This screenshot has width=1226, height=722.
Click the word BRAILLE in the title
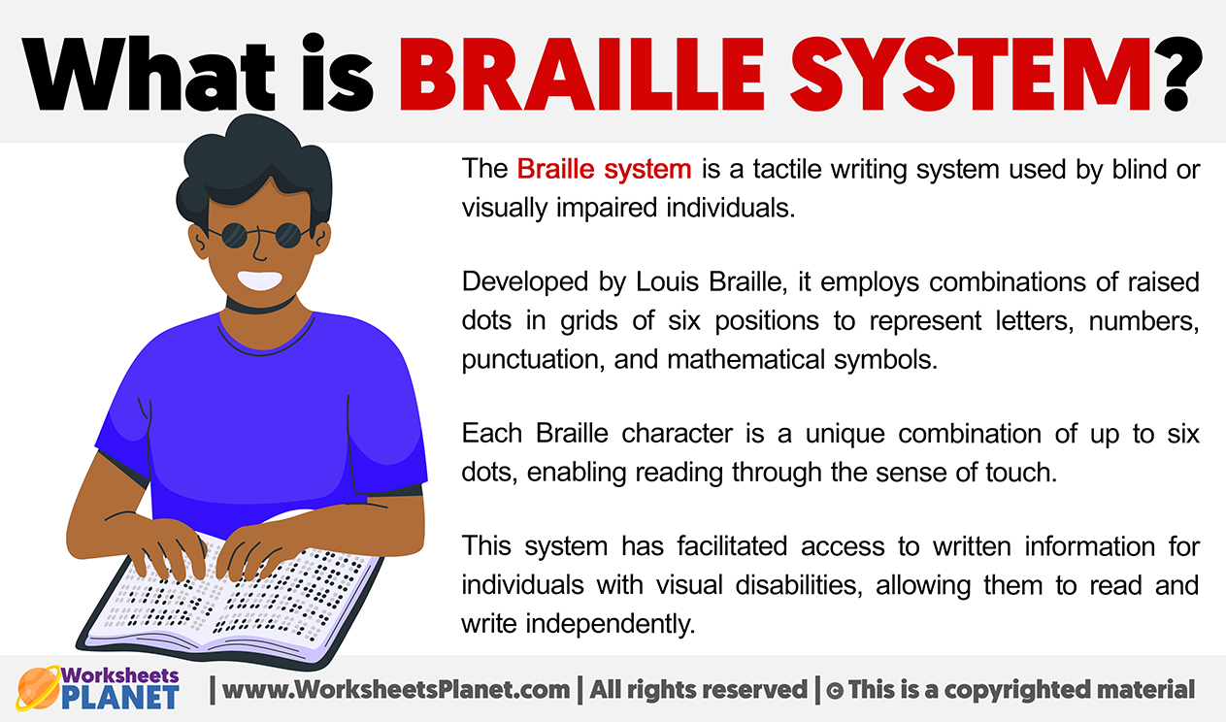[x=581, y=75]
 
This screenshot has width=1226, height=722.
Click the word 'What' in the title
[x=148, y=74]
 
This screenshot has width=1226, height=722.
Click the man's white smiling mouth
[x=260, y=280]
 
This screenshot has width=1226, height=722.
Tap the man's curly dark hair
[x=253, y=164]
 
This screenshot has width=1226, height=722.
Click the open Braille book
[x=230, y=602]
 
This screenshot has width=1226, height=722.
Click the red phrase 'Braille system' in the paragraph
[x=604, y=169]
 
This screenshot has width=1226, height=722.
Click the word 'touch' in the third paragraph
[x=1021, y=473]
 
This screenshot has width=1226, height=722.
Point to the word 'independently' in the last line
[x=611, y=624]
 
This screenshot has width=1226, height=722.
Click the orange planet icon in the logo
[x=38, y=687]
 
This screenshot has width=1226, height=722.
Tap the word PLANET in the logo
[x=120, y=697]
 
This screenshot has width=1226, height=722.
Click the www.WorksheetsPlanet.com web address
[x=396, y=690]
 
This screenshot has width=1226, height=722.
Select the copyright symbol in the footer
[x=835, y=691]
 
